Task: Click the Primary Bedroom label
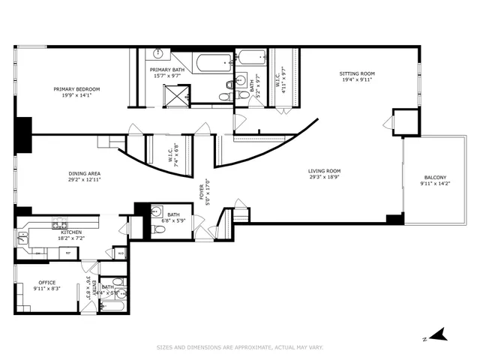pos(76,89)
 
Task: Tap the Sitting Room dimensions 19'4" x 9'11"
pos(357,81)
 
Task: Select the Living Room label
pos(324,172)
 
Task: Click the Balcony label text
pos(434,178)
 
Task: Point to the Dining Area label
pos(84,173)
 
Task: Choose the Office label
pos(46,283)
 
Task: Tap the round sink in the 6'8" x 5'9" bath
pos(157,210)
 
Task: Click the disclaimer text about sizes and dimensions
pos(239,347)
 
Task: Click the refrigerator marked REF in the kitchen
pos(68,253)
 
